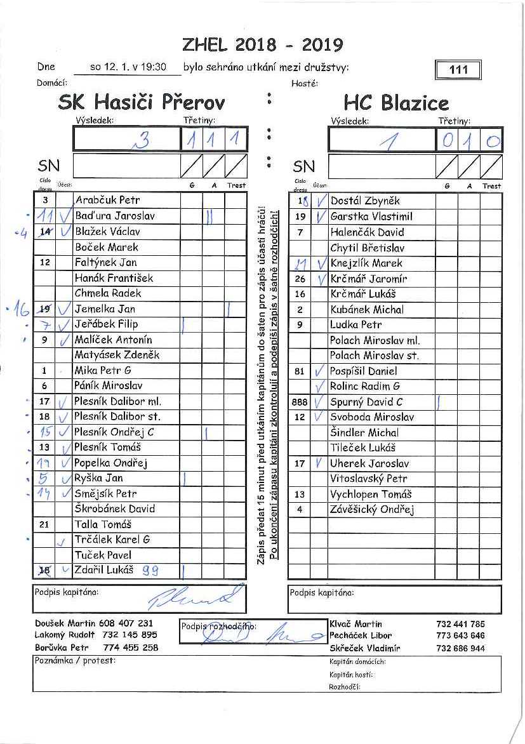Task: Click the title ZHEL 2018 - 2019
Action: click(262, 44)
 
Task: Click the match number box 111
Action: click(458, 70)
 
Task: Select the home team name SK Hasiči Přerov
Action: click(141, 102)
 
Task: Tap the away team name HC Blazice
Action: click(396, 103)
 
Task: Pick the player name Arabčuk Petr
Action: click(107, 201)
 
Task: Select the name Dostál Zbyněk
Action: click(365, 201)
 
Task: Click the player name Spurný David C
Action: click(366, 402)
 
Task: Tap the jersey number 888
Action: click(299, 402)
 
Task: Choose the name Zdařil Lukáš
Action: click(104, 570)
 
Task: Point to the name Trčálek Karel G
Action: click(112, 540)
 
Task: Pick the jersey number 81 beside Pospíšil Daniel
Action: click(300, 371)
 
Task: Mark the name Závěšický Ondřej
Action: click(372, 510)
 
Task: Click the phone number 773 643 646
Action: click(460, 635)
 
